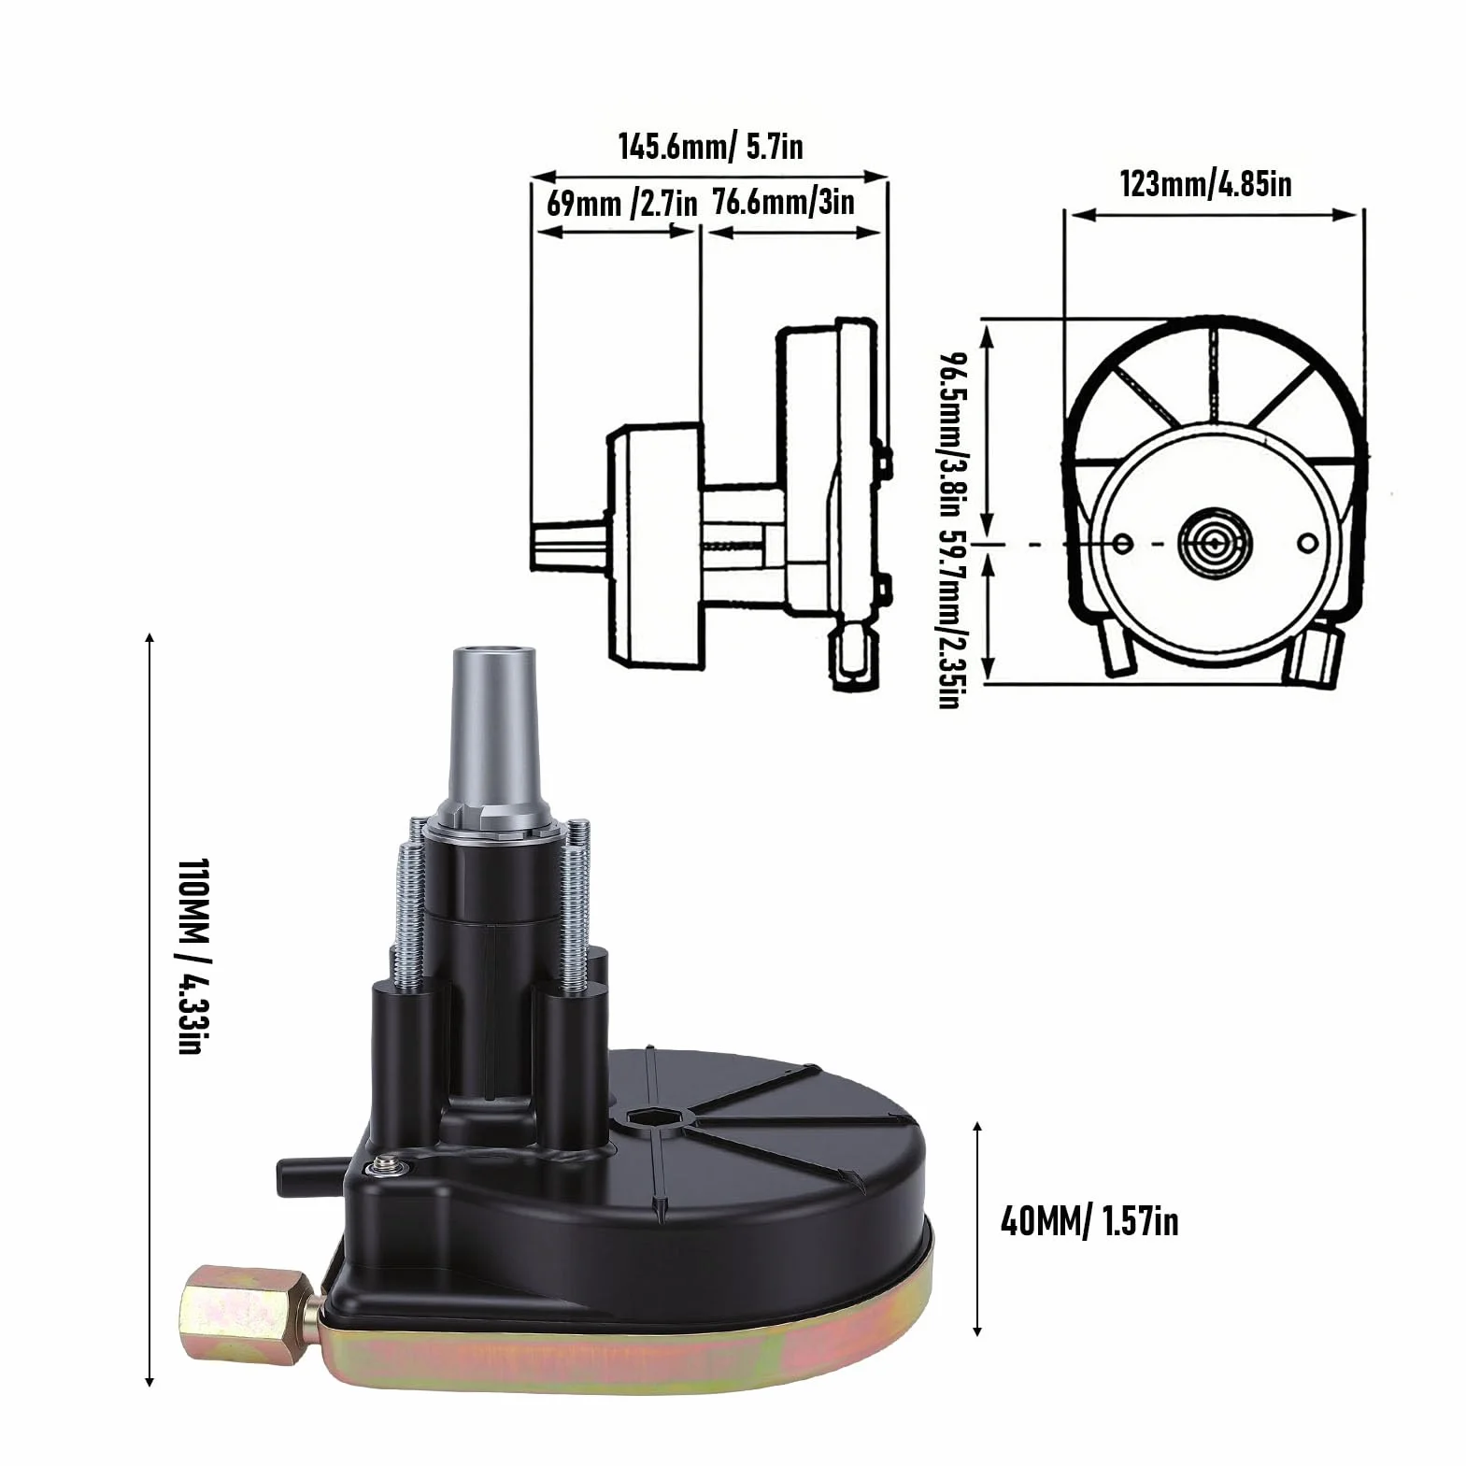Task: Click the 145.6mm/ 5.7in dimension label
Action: (x=710, y=147)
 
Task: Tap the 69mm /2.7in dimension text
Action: (x=621, y=203)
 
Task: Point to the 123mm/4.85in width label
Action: (x=1205, y=183)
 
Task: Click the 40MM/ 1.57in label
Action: (x=1089, y=1221)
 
